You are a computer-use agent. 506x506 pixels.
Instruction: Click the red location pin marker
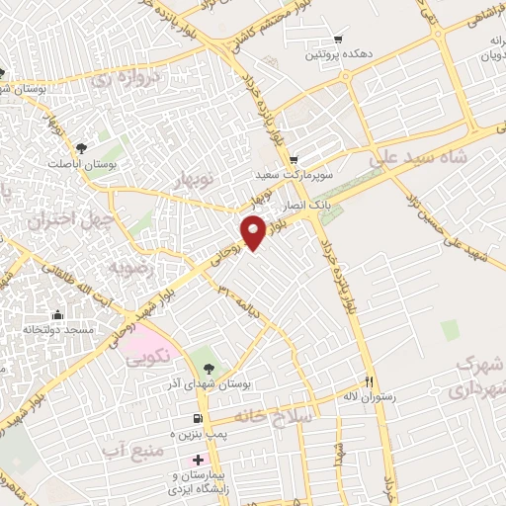254,231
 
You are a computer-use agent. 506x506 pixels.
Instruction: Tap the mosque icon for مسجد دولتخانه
57,314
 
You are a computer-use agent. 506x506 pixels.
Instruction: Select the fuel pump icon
201,418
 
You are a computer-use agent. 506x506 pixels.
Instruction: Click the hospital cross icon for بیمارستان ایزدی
199,460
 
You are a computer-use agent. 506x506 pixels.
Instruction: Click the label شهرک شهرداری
477,376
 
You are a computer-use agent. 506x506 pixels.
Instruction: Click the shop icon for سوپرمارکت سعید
294,160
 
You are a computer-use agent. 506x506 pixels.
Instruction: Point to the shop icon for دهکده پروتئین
339,41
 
